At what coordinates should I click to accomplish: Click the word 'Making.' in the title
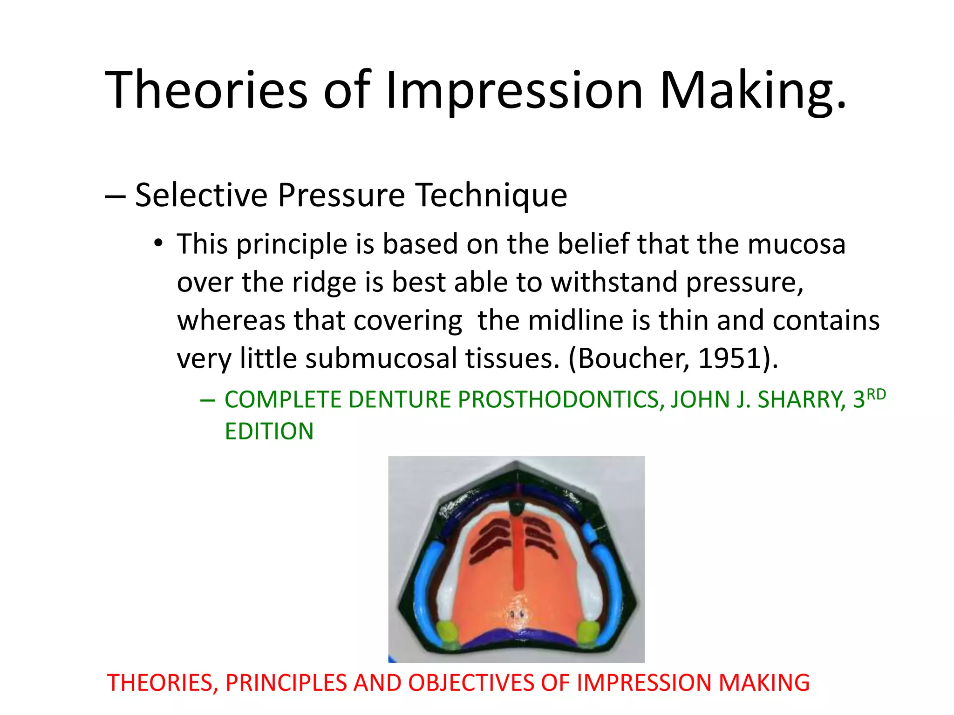pos(753,89)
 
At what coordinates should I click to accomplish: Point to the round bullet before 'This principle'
pos(159,243)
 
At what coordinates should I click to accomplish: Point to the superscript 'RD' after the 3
pos(876,394)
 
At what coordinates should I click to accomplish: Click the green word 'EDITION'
pos(269,431)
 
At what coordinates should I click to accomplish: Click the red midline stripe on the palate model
pos(517,554)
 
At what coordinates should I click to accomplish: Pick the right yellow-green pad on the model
pos(587,633)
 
